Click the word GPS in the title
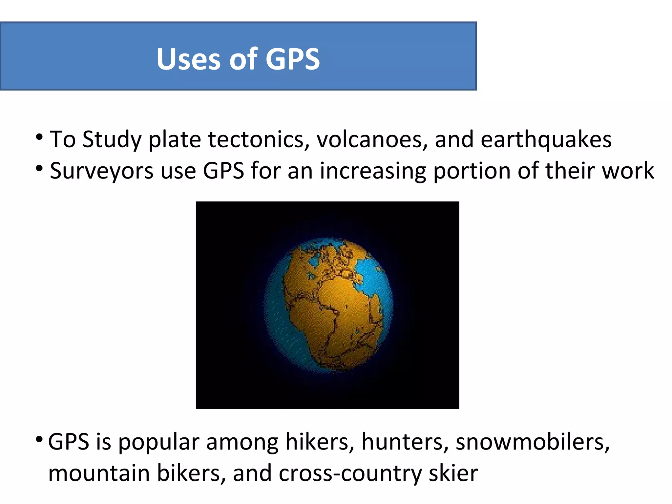point(292,59)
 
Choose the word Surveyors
point(101,171)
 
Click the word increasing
point(373,171)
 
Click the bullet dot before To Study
point(39,137)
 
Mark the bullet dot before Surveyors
point(39,169)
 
